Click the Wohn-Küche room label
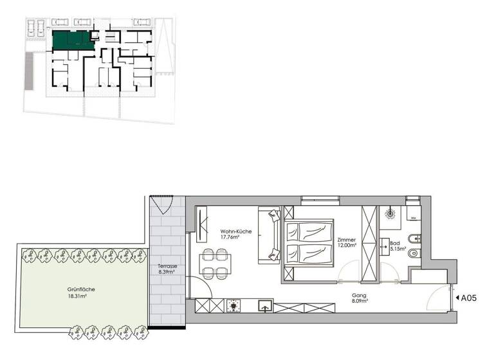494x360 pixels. [x=235, y=231]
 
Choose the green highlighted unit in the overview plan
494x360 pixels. [x=72, y=40]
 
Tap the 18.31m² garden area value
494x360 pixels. [x=79, y=297]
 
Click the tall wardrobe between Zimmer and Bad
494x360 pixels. [x=369, y=243]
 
